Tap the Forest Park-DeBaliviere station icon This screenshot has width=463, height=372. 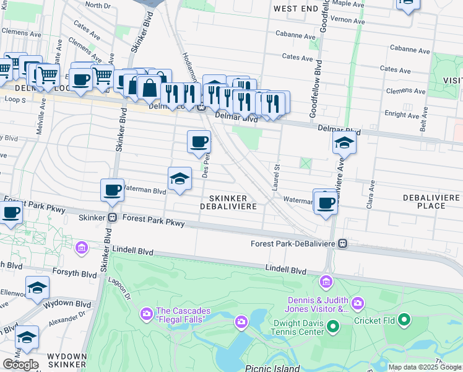(342, 244)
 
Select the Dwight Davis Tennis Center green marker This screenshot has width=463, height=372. (332, 325)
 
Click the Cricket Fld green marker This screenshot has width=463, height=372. (404, 320)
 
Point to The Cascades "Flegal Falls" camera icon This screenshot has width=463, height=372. (146, 312)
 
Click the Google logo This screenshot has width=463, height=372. (20, 365)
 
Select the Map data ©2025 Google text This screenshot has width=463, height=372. (425, 367)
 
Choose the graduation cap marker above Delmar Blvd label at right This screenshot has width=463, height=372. (344, 143)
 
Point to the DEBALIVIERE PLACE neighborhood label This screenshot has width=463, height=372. (431, 201)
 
